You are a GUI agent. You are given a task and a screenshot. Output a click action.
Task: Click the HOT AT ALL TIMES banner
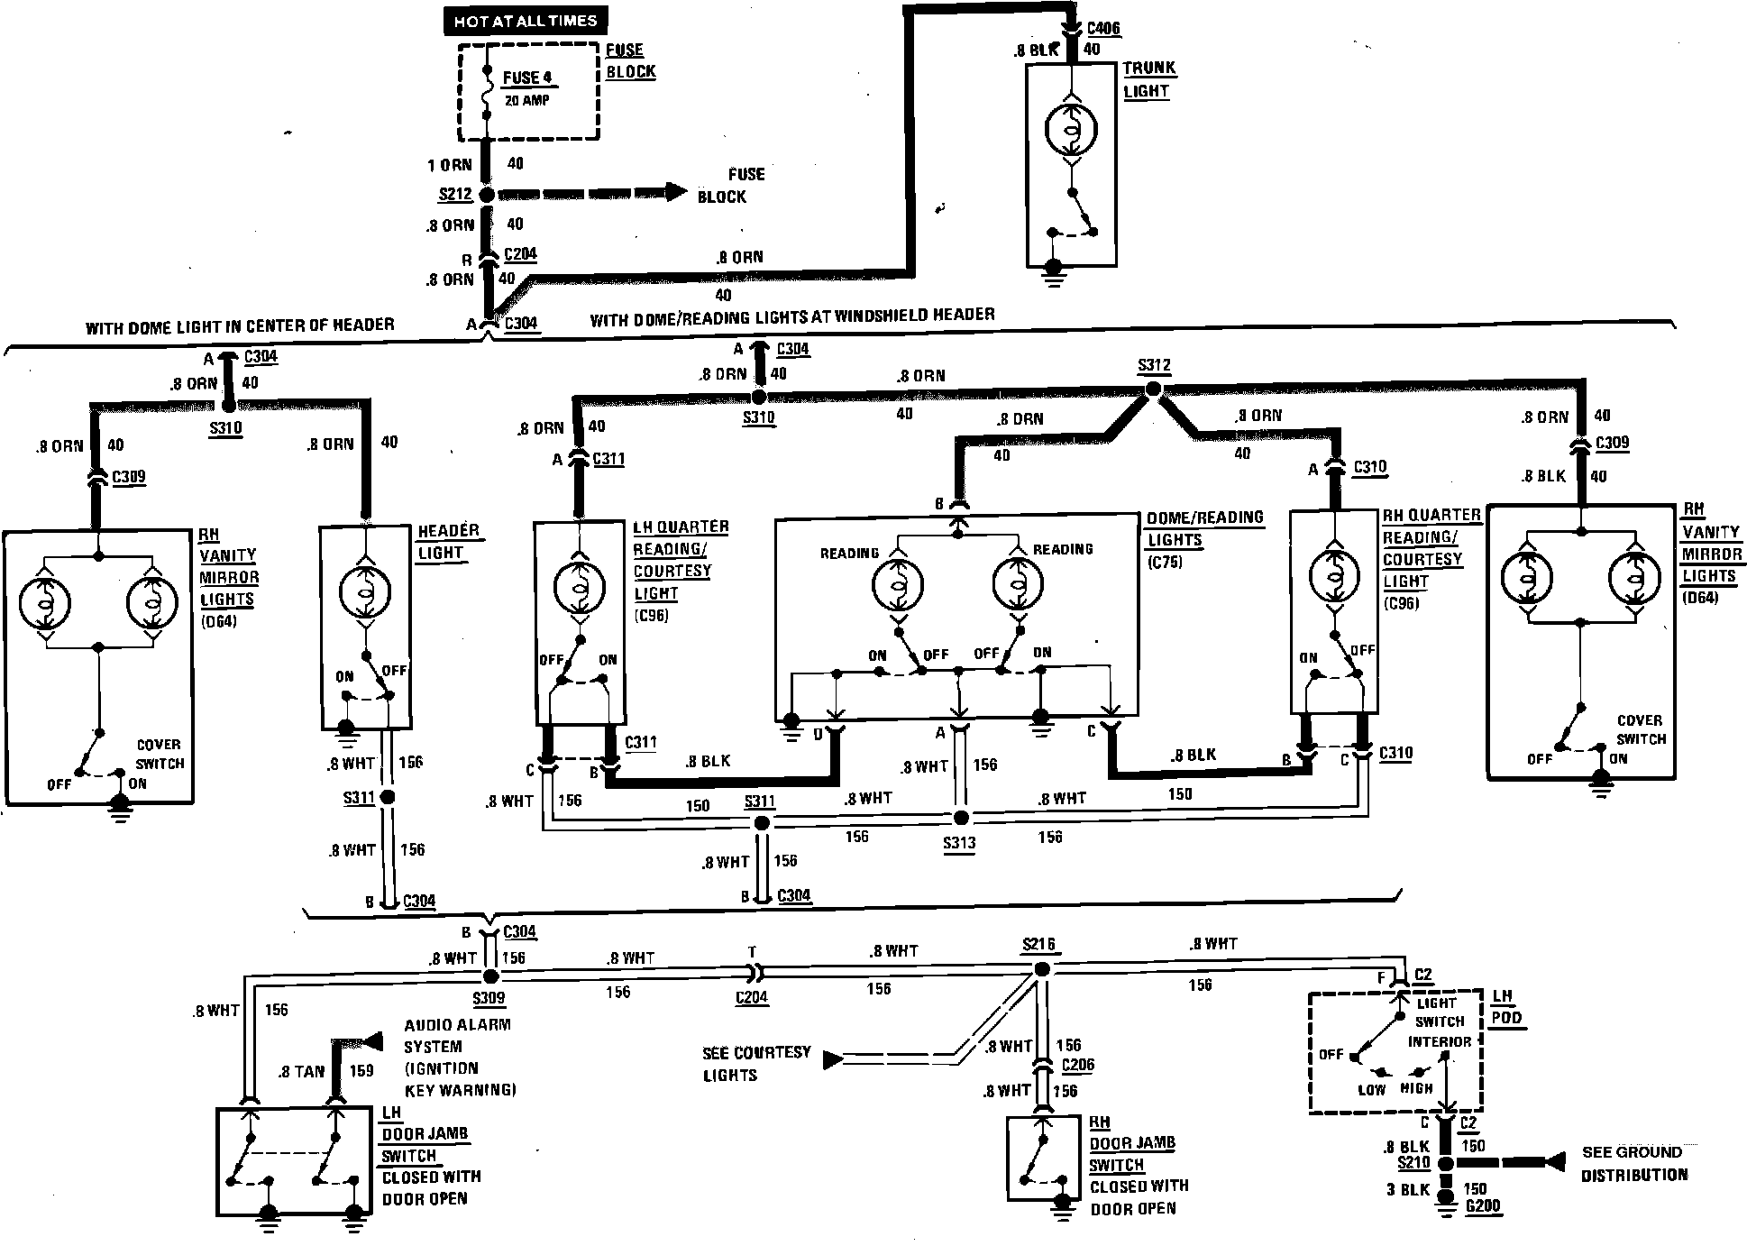[x=526, y=20]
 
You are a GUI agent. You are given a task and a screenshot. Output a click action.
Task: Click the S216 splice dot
[x=1041, y=970]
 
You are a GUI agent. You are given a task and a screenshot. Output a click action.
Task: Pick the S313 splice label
[x=958, y=844]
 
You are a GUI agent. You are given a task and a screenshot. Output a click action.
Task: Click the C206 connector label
[x=1078, y=1065]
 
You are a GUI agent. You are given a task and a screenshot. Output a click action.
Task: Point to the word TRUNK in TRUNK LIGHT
[x=1149, y=69]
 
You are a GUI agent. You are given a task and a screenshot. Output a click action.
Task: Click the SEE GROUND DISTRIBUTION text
[x=1633, y=1163]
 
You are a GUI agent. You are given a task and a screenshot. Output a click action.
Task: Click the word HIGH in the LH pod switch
[x=1416, y=1088]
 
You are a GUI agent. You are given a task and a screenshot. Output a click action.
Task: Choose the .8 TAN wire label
[x=301, y=1071]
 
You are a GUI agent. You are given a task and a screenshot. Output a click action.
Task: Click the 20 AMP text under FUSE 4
[x=526, y=100]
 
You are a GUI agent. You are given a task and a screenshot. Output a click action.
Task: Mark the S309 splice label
[x=489, y=999]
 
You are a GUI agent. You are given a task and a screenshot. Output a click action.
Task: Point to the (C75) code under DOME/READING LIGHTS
[x=1165, y=563]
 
